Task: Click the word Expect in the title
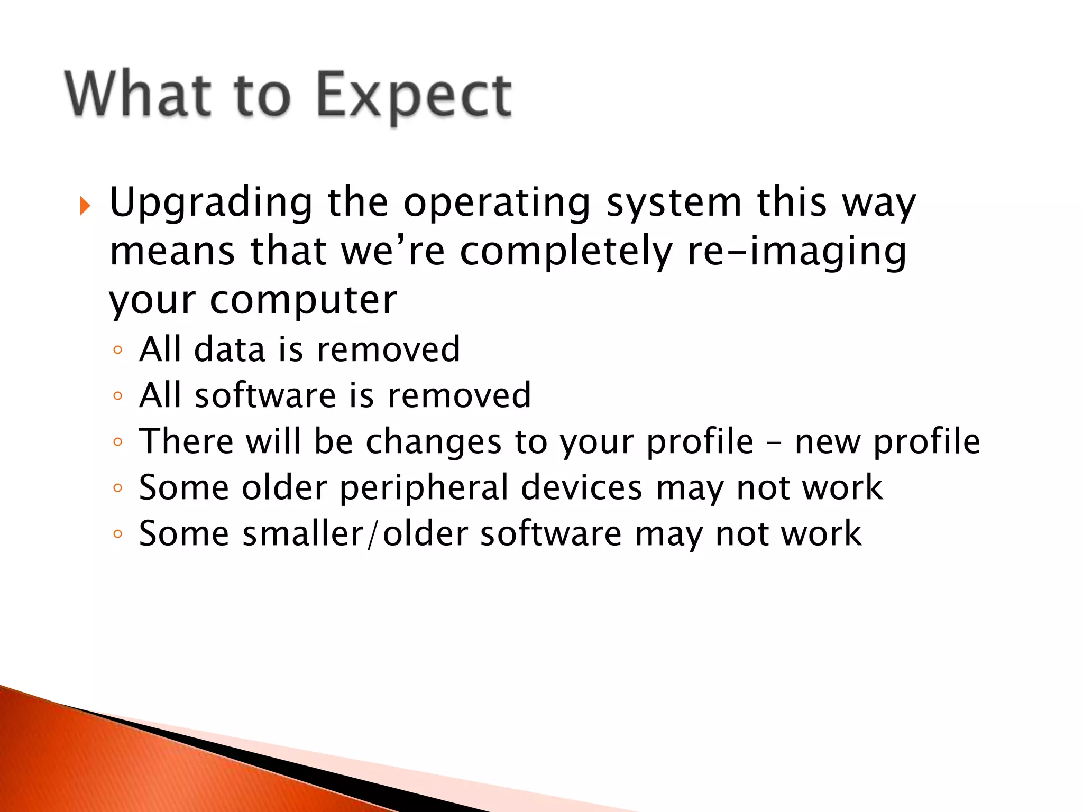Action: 414,97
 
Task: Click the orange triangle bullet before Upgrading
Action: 85,206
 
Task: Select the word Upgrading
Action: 211,204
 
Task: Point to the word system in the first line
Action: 674,204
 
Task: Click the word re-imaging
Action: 796,252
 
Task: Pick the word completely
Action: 566,252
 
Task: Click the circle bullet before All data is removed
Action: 117,350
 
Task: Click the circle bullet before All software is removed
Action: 117,396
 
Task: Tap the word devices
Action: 582,487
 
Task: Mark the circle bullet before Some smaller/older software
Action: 117,534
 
